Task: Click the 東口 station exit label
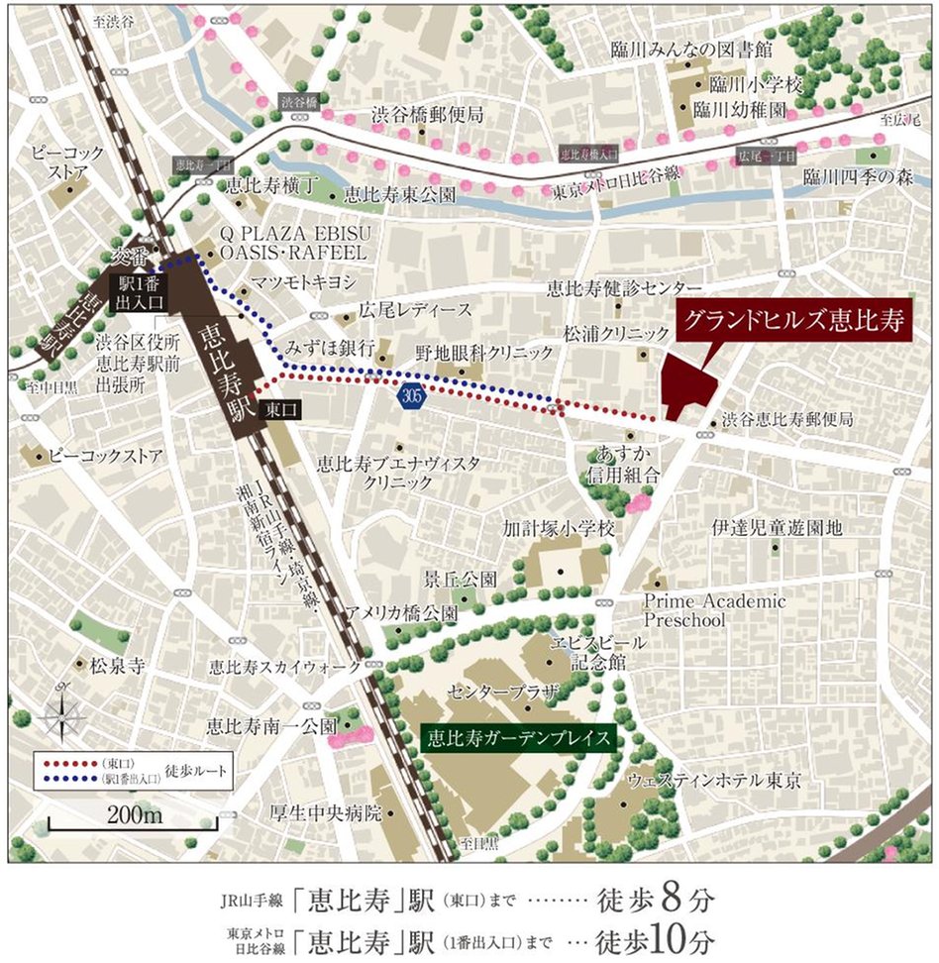click(x=271, y=408)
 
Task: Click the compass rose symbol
click(x=62, y=711)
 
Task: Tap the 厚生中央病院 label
click(x=326, y=813)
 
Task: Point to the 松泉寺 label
click(x=117, y=667)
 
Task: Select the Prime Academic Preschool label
click(x=699, y=609)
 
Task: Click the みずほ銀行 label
click(x=329, y=348)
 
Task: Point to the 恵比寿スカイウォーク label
click(x=284, y=668)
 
